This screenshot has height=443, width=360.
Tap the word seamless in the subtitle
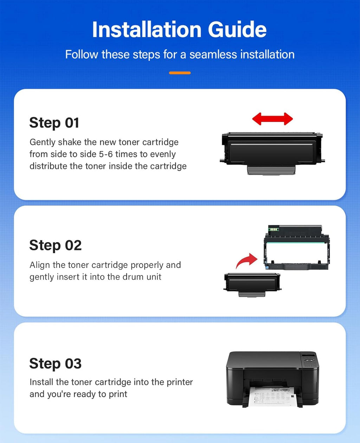tap(213, 54)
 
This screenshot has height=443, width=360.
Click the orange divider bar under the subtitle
tap(180, 73)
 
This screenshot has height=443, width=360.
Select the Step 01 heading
tap(54, 123)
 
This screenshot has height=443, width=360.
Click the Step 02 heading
tap(55, 245)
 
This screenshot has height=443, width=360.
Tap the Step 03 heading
tap(55, 364)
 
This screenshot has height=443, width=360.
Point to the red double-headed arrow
tap(272, 119)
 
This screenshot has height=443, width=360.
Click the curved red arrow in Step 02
tap(246, 261)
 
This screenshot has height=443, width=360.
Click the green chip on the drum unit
tap(273, 229)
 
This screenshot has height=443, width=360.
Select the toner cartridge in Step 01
tap(272, 153)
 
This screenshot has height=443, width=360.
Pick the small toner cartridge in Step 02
tap(252, 285)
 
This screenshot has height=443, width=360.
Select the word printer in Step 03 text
tap(180, 382)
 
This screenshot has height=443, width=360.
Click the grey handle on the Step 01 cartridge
tap(271, 170)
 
